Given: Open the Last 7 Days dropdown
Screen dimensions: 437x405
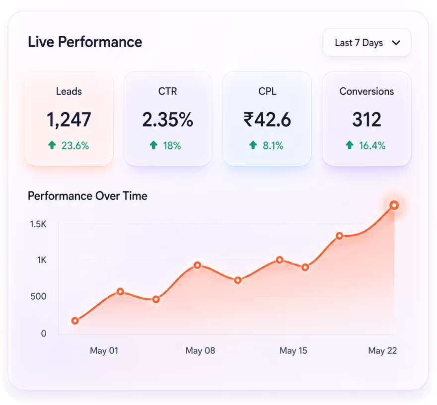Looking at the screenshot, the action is coord(367,43).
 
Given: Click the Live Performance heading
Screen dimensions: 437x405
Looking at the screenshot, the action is coord(85,42).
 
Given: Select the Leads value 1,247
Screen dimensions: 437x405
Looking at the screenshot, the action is coord(69,120).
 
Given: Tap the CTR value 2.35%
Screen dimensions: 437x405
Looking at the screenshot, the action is coord(168,120).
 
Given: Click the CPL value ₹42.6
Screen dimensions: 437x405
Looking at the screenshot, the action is coord(267,120).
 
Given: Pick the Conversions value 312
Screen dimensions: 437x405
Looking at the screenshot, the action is coord(367,120).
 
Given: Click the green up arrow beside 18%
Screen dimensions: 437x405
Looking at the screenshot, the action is coord(153,145).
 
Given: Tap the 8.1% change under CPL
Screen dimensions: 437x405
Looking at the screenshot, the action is coord(273,145).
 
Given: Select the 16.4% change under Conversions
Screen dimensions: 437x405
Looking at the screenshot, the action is coord(372,145).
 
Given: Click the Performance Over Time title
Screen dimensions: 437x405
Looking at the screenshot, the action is coord(87,196).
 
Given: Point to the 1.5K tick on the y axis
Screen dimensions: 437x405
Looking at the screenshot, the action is coord(38,224).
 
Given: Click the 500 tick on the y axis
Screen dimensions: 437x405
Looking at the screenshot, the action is coord(38,296).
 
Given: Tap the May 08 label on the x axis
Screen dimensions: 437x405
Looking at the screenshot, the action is coord(201,351).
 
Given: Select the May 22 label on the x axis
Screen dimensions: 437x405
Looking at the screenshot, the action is coord(383,351).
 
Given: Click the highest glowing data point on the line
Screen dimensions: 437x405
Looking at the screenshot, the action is coord(394,205).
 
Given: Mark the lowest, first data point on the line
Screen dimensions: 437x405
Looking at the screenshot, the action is coord(75,321).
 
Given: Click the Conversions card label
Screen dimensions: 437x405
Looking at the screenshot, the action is coord(367,91).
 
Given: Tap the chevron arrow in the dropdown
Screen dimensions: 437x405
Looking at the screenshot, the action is coord(396,43).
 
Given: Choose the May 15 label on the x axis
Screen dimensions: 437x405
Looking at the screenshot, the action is coord(293,351).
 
